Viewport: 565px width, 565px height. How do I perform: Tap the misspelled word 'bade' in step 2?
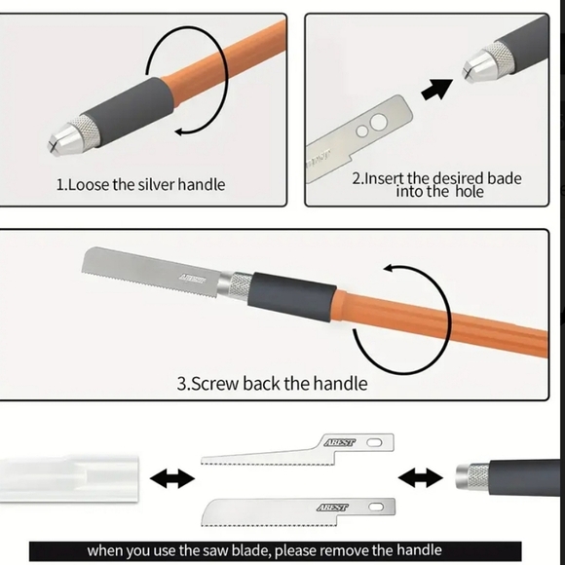[504, 178]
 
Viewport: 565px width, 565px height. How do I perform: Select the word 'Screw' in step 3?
[213, 384]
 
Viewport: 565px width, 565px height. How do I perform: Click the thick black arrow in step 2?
[436, 90]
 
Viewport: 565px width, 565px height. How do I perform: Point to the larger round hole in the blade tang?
[378, 123]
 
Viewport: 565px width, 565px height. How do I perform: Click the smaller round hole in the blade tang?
[362, 132]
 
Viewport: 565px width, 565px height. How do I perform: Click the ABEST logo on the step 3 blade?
[193, 279]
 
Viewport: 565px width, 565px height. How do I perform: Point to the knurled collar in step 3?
[241, 286]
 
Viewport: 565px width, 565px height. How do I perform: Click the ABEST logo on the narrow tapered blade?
[340, 442]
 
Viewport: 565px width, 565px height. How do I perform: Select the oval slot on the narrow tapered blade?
[374, 442]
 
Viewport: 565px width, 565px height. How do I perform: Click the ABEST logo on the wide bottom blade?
[332, 508]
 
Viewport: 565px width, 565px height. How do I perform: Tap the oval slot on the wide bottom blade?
[376, 508]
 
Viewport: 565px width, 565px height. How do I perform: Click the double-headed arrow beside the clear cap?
[172, 478]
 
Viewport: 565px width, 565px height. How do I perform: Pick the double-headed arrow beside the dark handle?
[421, 477]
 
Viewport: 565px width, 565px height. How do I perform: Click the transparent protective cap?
[69, 478]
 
